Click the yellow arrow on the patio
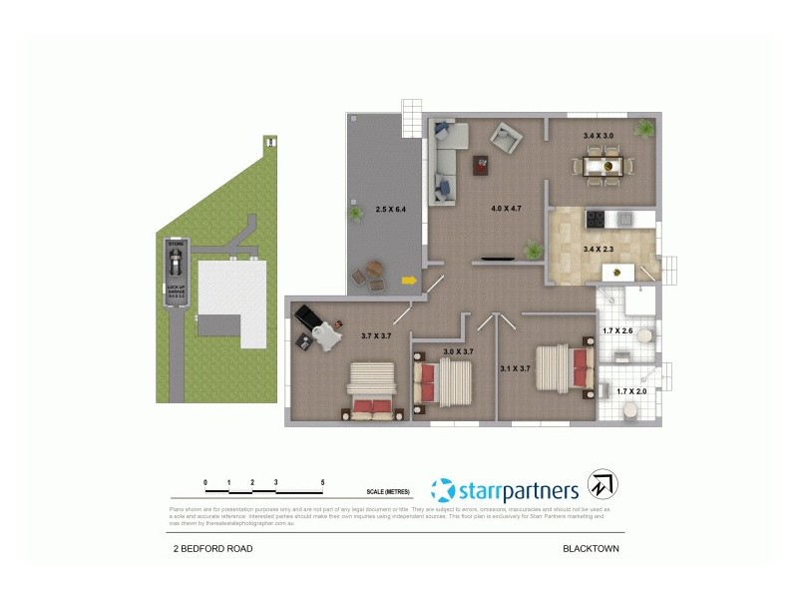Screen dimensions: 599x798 click(x=409, y=281)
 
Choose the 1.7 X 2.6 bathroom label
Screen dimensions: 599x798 click(x=618, y=329)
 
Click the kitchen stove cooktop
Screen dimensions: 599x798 click(x=595, y=217)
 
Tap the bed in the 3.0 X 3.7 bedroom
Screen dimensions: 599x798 click(x=442, y=382)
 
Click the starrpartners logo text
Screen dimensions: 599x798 click(x=518, y=490)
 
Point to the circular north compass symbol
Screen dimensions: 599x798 click(x=602, y=485)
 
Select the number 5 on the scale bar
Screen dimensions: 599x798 click(x=322, y=482)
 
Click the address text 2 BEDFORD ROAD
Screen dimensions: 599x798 click(x=210, y=549)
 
